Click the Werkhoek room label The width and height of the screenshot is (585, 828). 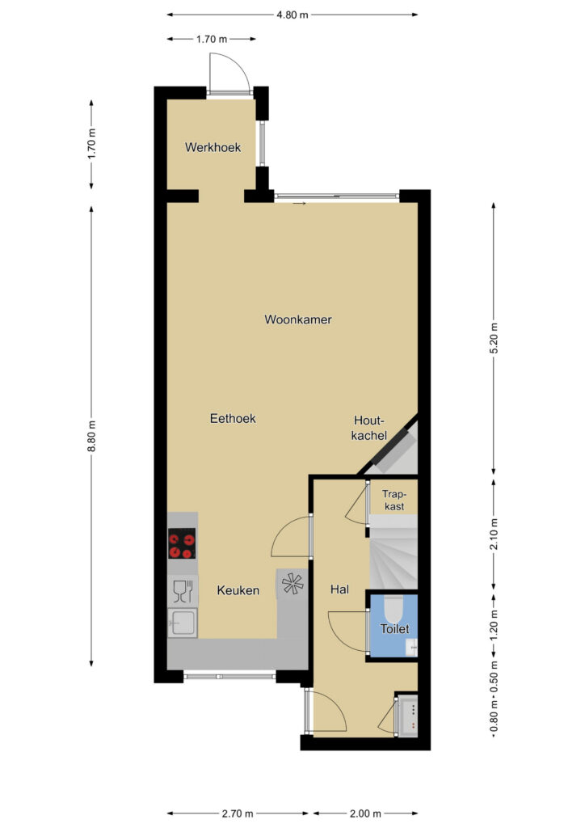pos(213,147)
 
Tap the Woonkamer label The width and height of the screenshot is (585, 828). pos(298,319)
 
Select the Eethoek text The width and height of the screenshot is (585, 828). pos(233,419)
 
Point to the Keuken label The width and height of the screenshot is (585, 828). pos(238,590)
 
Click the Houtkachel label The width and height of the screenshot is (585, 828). pos(369,429)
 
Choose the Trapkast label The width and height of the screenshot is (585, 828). pos(394,500)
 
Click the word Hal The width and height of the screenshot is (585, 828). pos(339,589)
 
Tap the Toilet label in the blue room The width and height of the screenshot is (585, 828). pos(394,629)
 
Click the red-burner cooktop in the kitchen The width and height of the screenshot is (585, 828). pos(182,543)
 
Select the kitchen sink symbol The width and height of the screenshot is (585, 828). pos(183,623)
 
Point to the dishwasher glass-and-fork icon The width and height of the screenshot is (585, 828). pos(183,591)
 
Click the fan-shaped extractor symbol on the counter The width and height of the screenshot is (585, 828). pos(292,584)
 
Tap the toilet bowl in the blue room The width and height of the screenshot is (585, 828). pos(393,609)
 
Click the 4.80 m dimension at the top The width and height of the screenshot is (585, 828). pos(292,15)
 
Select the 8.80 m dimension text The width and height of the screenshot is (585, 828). pos(92,436)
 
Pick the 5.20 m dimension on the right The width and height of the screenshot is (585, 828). pos(494,338)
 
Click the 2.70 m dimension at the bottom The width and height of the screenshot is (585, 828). pos(237,813)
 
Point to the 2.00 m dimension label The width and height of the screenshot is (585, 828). pos(365,813)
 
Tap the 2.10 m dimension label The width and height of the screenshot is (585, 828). pos(494,534)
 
